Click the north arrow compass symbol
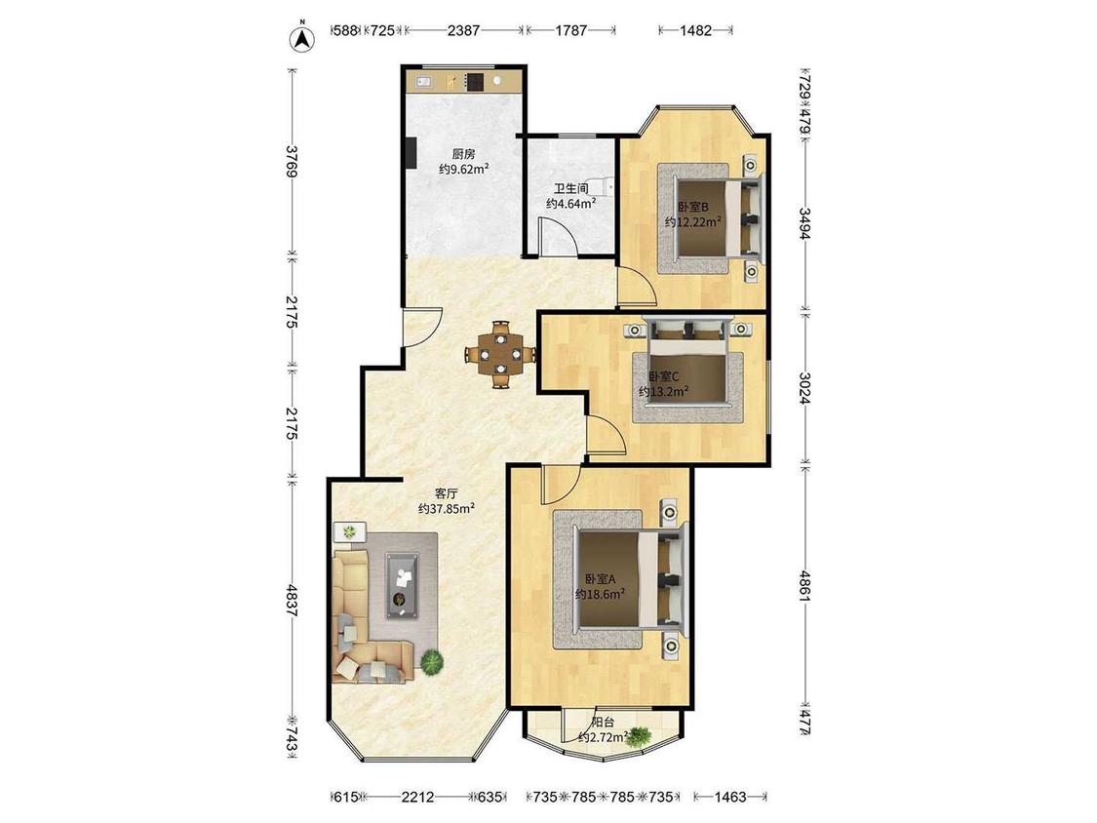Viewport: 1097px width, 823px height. pyautogui.click(x=302, y=38)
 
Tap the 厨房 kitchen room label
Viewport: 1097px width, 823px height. pyautogui.click(x=463, y=154)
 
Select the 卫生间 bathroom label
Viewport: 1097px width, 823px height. pyautogui.click(x=570, y=189)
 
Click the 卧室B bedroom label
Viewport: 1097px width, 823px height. pyautogui.click(x=692, y=207)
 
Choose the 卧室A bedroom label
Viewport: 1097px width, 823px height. pyautogui.click(x=600, y=579)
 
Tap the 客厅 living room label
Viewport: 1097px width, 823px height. pyautogui.click(x=447, y=493)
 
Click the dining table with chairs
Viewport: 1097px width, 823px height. pyautogui.click(x=501, y=354)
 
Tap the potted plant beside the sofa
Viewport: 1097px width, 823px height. pyautogui.click(x=432, y=661)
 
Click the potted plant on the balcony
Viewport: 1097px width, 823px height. pyautogui.click(x=638, y=736)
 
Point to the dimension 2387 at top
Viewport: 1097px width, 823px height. pyautogui.click(x=464, y=30)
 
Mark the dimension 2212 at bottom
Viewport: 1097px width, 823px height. pyautogui.click(x=417, y=797)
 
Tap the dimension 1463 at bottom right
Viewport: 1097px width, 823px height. pyautogui.click(x=730, y=797)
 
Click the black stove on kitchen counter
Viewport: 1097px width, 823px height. pyautogui.click(x=475, y=82)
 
